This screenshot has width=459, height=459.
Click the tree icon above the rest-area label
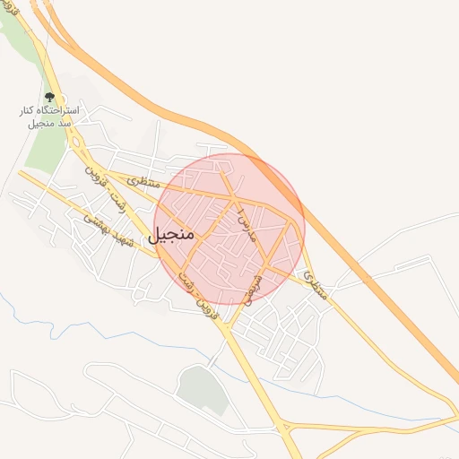(49, 97)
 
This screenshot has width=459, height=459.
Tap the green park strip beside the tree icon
(39, 148)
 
